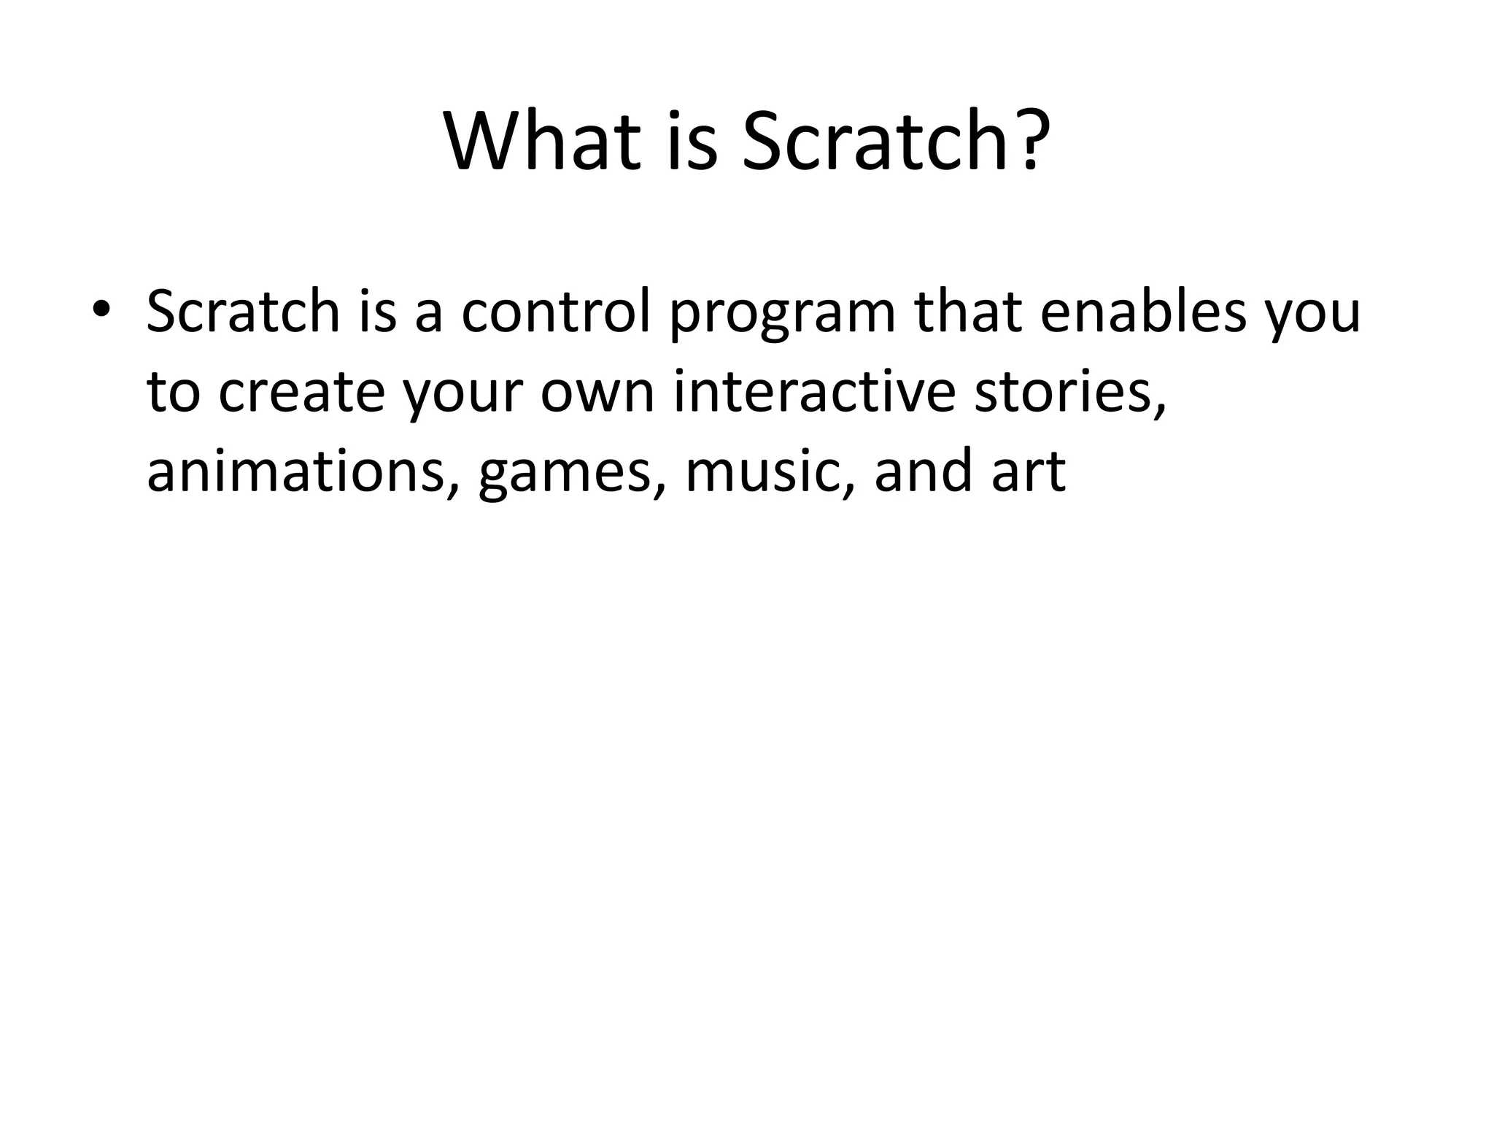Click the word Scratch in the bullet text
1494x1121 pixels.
pyautogui.click(x=243, y=312)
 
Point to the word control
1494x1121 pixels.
pyautogui.click(x=554, y=312)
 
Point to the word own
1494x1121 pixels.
pyautogui.click(x=597, y=394)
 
